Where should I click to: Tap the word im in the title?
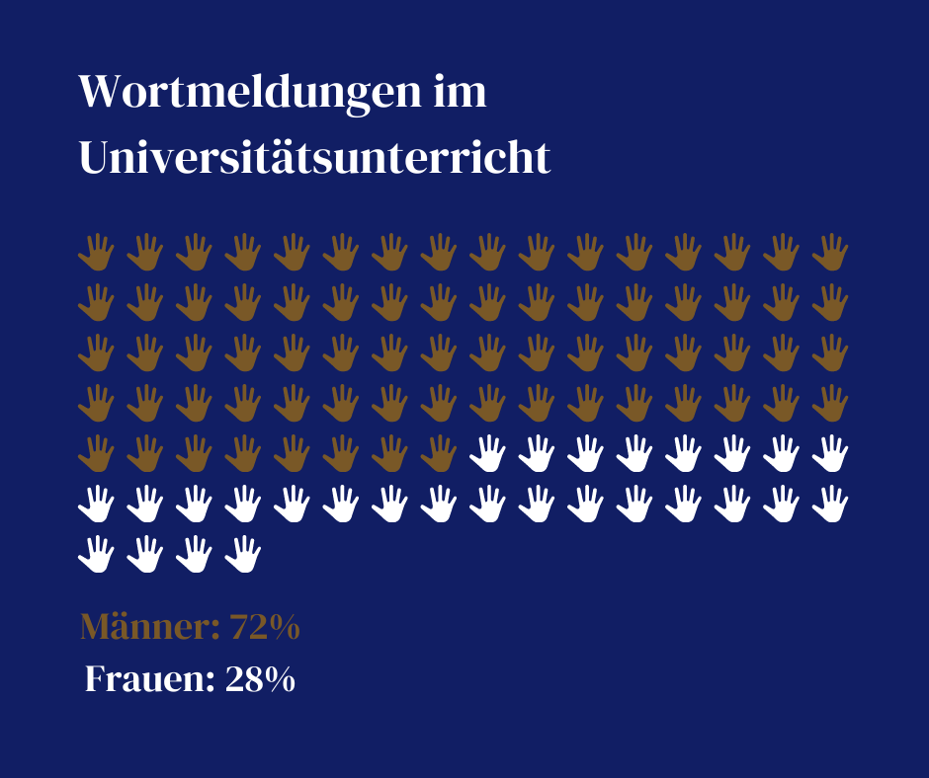pos(461,93)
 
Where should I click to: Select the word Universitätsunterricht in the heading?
pos(314,158)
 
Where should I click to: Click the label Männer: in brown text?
pos(148,627)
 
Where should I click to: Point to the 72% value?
pos(264,627)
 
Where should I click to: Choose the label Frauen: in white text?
pos(149,679)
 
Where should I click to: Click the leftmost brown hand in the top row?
pos(97,253)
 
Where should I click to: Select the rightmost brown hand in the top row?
pos(831,253)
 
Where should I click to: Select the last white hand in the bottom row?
pos(243,554)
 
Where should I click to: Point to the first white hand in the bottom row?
pos(97,554)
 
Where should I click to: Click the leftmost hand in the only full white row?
pos(97,504)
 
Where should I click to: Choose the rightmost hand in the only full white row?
pos(831,504)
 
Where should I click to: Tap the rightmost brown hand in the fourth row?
pos(831,403)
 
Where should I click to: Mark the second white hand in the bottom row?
pos(145,554)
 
